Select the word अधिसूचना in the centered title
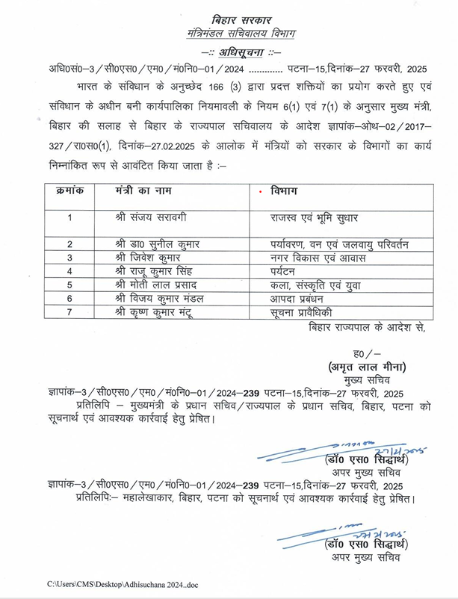click(230, 51)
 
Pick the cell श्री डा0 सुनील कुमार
click(161, 244)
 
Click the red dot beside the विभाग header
click(259, 192)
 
